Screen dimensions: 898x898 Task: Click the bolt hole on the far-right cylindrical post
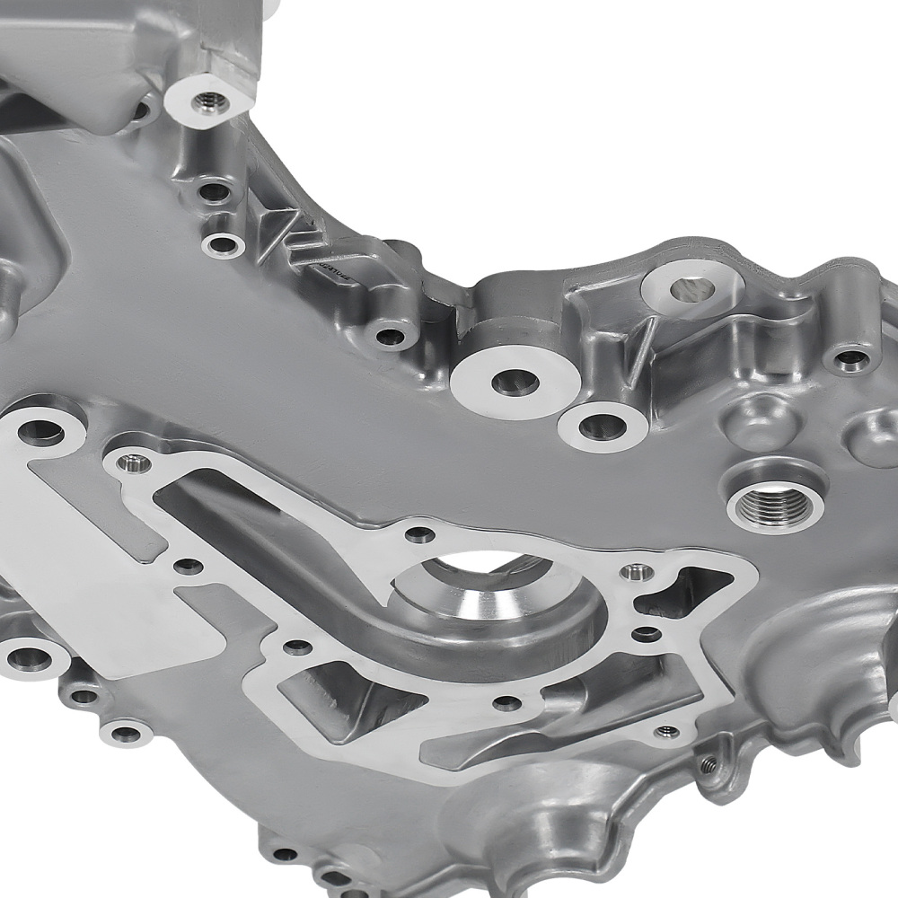[851, 360]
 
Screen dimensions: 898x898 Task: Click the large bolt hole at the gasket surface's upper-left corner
[40, 432]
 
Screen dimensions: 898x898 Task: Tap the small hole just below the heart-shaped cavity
[646, 636]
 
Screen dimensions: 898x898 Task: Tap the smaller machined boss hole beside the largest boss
[603, 426]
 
